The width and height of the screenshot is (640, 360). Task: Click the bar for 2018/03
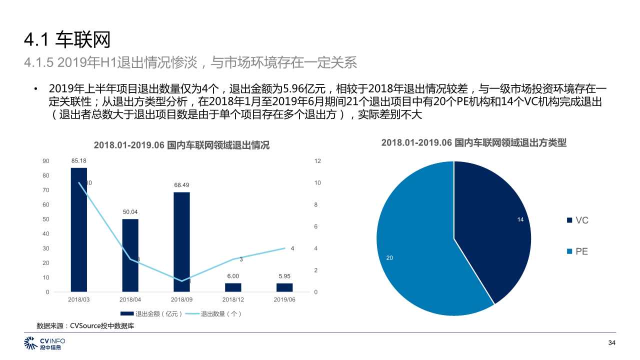pyautogui.click(x=79, y=230)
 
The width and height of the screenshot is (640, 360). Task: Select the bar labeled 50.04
pyautogui.click(x=130, y=255)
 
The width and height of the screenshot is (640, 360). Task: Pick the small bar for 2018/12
pyautogui.click(x=233, y=287)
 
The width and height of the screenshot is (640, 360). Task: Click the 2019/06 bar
pyautogui.click(x=284, y=287)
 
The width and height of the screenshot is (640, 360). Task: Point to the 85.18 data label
pyautogui.click(x=79, y=161)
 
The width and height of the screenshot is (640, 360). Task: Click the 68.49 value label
pyautogui.click(x=181, y=185)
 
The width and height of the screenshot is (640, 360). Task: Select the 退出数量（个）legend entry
pyautogui.click(x=215, y=314)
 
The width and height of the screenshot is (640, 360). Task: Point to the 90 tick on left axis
pyautogui.click(x=46, y=161)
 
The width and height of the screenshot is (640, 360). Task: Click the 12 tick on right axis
pyautogui.click(x=317, y=161)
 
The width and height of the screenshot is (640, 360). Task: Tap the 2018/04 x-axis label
pyautogui.click(x=130, y=299)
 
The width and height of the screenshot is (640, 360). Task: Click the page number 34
pyautogui.click(x=611, y=343)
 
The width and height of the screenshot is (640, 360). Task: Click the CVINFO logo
pyautogui.click(x=44, y=343)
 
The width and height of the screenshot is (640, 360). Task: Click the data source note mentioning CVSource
pyautogui.click(x=85, y=326)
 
